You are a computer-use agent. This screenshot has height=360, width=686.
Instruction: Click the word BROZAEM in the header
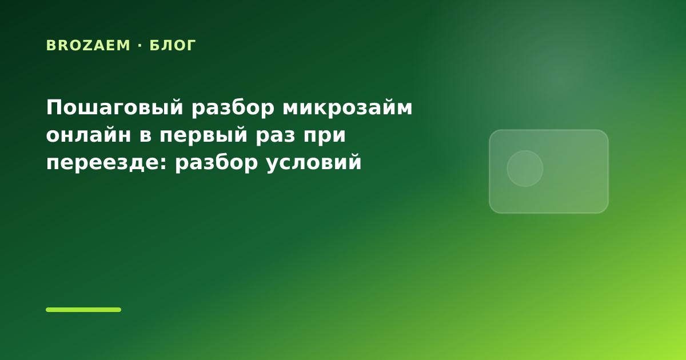tap(88, 46)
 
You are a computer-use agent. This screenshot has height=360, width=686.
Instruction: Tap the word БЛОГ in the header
tap(173, 46)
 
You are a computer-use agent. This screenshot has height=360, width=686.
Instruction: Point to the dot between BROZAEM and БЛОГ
tap(140, 46)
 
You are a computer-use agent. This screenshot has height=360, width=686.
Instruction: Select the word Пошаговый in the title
tap(115, 108)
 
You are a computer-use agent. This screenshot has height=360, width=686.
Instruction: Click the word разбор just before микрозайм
tap(233, 108)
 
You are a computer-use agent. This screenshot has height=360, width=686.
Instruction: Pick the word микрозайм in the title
tap(348, 107)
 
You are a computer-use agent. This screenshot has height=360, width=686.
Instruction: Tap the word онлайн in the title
tap(89, 135)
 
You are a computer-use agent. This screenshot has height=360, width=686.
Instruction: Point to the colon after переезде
tap(163, 163)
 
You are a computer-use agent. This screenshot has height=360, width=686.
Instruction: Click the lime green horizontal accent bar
tap(83, 310)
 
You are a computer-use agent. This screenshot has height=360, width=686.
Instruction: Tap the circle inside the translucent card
tap(525, 169)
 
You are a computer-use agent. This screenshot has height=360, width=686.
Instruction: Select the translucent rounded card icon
tap(549, 171)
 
